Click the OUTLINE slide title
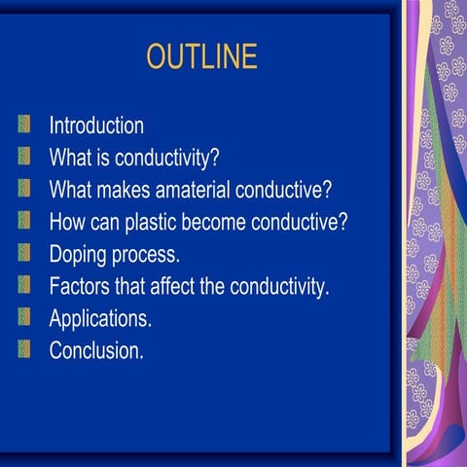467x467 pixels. click(201, 56)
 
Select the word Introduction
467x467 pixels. click(96, 126)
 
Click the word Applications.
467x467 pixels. click(100, 318)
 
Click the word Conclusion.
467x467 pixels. click(96, 350)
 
